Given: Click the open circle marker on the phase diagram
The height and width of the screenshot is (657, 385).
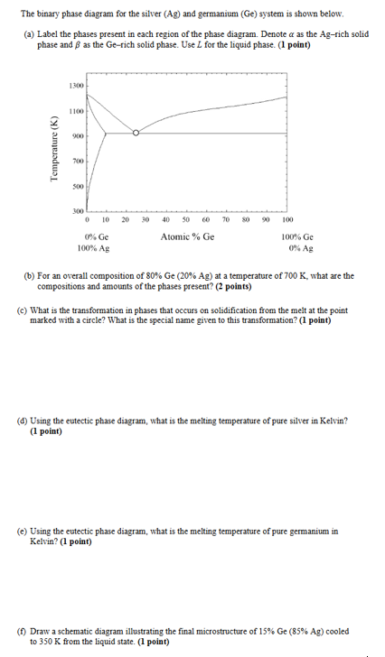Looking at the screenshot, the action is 136,133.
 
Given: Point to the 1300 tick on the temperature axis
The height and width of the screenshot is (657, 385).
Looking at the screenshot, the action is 77,86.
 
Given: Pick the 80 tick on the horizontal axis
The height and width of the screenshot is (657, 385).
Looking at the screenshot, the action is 247,219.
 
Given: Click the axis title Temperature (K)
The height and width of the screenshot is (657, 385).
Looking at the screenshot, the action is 55,149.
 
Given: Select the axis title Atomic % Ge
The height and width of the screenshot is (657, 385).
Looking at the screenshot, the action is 187,236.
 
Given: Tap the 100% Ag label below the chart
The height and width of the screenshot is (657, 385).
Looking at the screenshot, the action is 94,247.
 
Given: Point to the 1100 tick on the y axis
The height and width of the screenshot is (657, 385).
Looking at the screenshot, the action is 77,110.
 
